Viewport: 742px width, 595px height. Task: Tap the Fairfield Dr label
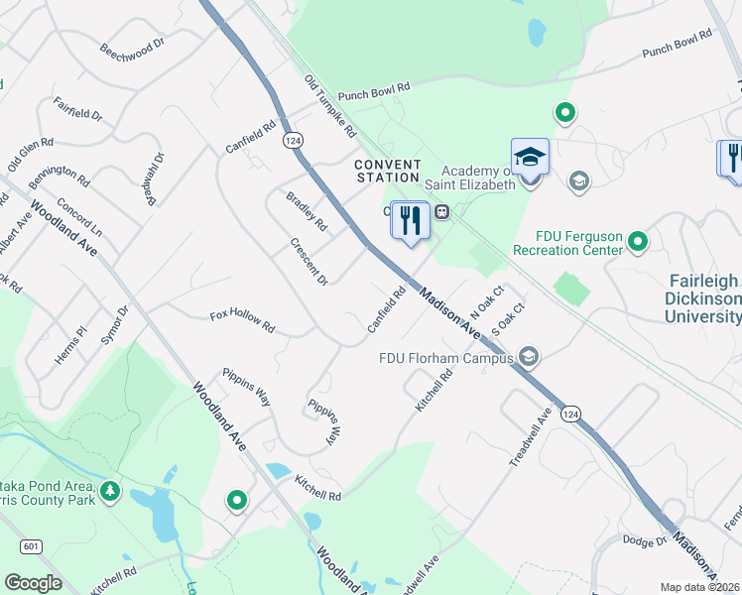[x=78, y=108]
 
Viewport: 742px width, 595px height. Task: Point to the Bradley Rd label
[x=307, y=210]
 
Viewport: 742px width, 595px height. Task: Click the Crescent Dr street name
[x=309, y=261]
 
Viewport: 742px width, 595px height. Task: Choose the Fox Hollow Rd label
[x=242, y=319]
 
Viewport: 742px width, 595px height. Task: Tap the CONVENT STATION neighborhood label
[x=388, y=171]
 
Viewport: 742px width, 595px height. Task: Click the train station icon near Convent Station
[x=442, y=211]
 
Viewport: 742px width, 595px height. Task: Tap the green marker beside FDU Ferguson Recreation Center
[x=638, y=240]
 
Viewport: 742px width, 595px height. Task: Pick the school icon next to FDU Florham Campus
[x=529, y=357]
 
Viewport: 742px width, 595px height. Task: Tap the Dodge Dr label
[x=644, y=540]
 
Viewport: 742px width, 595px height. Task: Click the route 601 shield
[x=30, y=545]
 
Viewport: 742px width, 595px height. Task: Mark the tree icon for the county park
[x=109, y=490]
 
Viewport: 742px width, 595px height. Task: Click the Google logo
[x=33, y=583]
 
